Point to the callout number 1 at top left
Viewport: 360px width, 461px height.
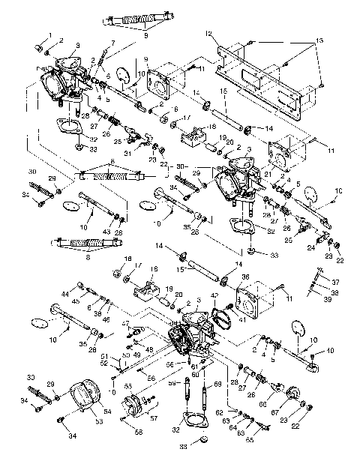pyautogui.click(x=50, y=34)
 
